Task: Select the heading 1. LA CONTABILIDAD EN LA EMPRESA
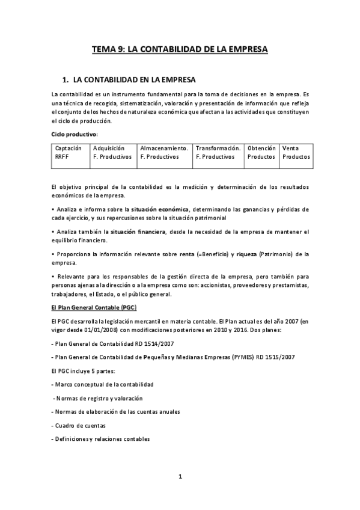coord(129,80)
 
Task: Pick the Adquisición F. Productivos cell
coord(112,152)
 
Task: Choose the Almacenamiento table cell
coord(164,152)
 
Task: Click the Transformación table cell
coord(218,152)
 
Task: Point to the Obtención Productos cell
coord(261,152)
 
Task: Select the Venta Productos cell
coord(296,152)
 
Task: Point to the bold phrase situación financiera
coord(138,232)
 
